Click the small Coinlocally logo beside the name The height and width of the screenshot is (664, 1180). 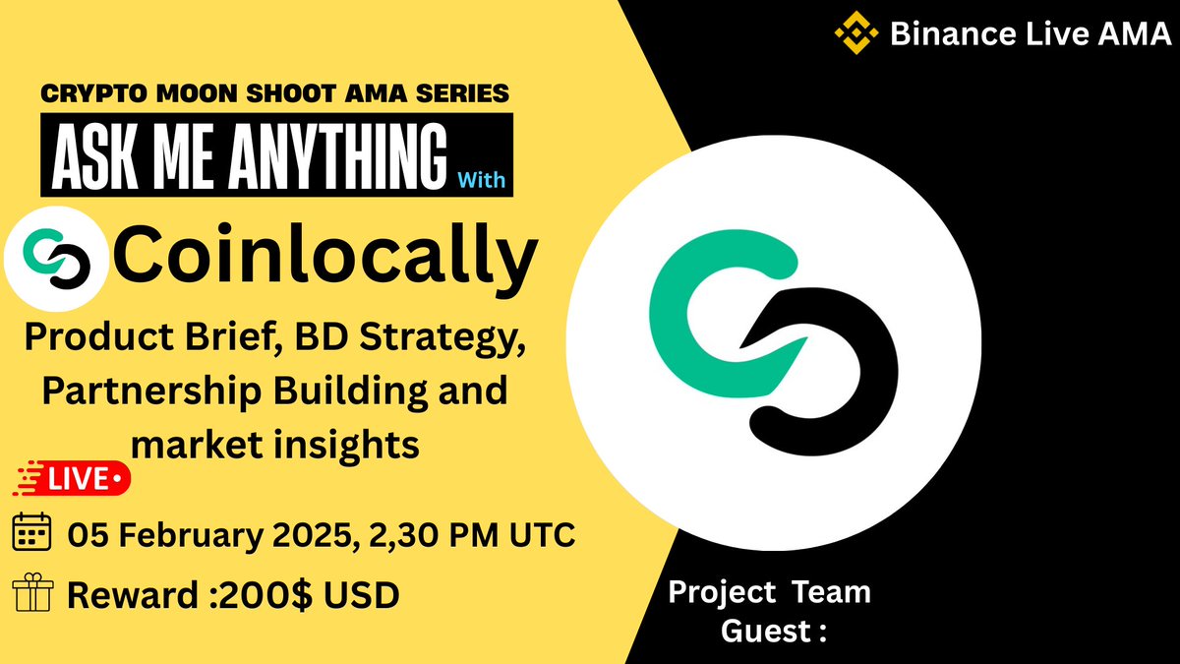point(56,259)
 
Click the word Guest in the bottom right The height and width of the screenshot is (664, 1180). point(761,631)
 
